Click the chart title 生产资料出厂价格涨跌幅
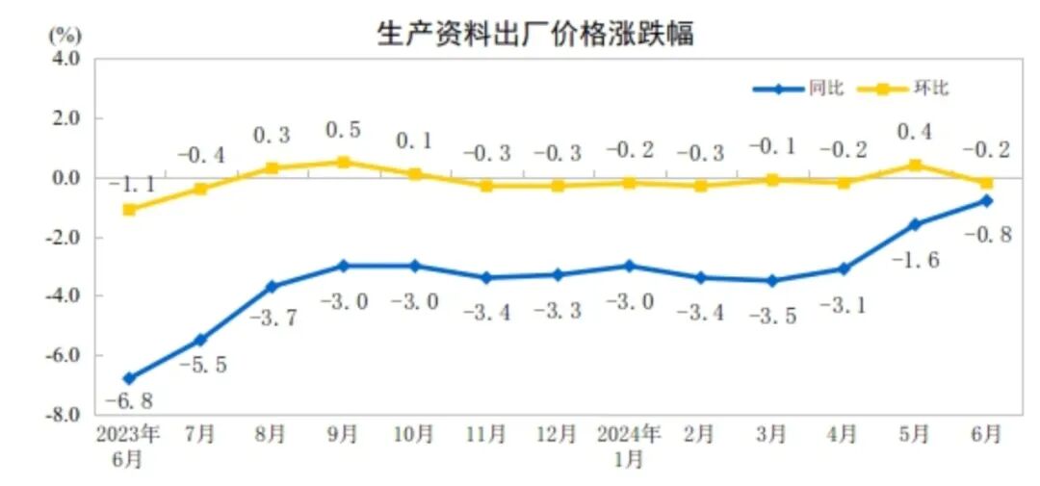(535, 34)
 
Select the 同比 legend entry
(825, 89)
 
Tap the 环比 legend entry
(930, 89)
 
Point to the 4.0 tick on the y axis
(65, 60)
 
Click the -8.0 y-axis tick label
(64, 415)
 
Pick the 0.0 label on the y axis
(65, 178)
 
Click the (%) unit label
(65, 36)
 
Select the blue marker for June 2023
(128, 378)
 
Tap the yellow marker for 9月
(343, 163)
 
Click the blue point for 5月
(915, 224)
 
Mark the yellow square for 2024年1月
(628, 183)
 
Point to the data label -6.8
(128, 400)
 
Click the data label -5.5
(201, 366)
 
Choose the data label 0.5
(344, 130)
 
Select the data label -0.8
(986, 235)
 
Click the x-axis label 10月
(414, 435)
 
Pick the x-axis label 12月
(557, 435)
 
